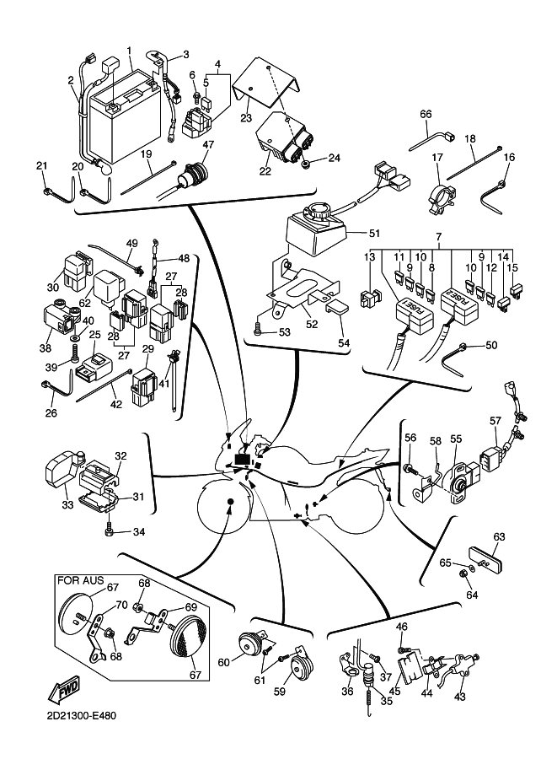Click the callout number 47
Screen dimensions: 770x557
[208, 145]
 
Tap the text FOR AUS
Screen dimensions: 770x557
[77, 580]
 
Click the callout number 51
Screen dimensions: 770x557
[374, 234]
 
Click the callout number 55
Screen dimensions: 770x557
[455, 439]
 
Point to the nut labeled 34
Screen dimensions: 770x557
[110, 530]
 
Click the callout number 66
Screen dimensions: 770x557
[426, 114]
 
